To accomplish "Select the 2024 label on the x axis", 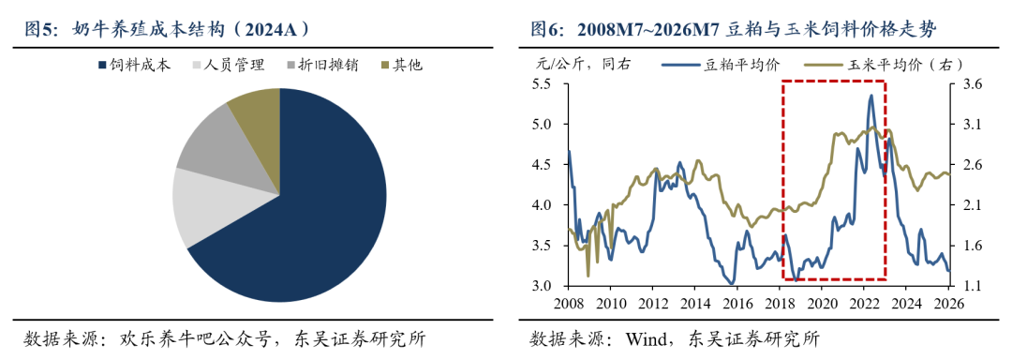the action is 906,303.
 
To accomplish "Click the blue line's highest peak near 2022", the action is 871,96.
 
